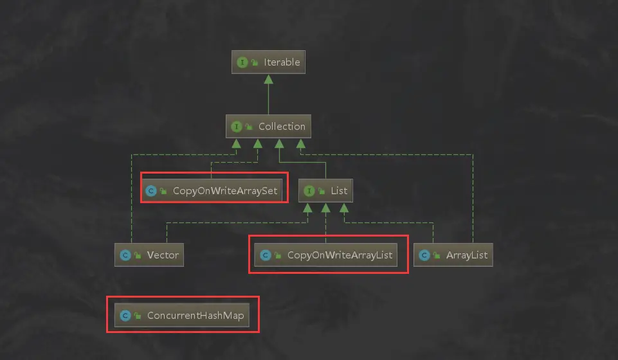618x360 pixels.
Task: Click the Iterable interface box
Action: coord(268,62)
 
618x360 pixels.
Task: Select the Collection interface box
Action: coord(268,127)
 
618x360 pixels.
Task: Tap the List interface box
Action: coord(325,191)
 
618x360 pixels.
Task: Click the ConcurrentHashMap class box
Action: coord(181,316)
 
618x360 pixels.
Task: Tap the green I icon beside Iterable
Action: coord(242,62)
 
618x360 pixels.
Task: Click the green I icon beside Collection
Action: coord(236,127)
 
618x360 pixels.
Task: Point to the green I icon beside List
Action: coord(309,191)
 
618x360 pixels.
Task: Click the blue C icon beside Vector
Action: coord(125,255)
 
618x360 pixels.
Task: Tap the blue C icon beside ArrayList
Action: coord(424,255)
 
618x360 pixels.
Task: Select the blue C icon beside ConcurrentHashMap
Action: coord(125,316)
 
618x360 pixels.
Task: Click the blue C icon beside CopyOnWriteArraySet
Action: coord(151,191)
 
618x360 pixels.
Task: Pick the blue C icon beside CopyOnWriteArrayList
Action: coord(265,255)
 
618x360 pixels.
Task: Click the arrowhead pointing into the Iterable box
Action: coord(268,78)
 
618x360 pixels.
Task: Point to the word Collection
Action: coord(282,127)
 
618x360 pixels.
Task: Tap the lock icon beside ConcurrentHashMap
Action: coord(137,316)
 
